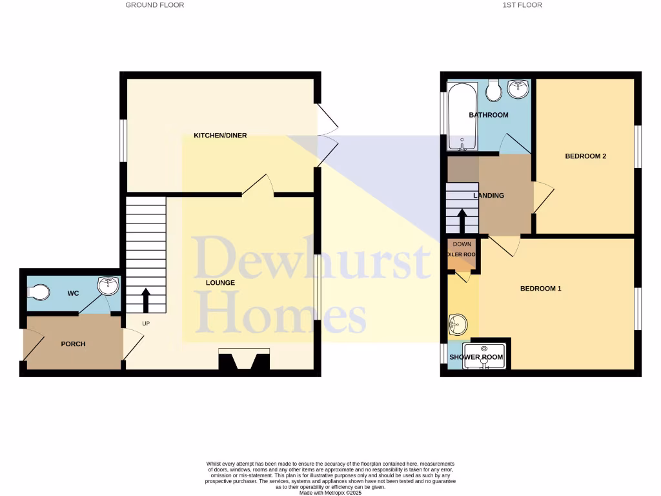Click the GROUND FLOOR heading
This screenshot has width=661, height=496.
tap(154, 5)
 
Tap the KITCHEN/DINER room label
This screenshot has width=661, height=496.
tap(220, 136)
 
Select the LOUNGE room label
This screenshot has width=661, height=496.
tap(220, 283)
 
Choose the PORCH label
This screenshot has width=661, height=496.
tap(73, 344)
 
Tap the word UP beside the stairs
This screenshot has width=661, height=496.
tap(146, 323)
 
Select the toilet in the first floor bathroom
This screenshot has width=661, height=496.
tap(494, 91)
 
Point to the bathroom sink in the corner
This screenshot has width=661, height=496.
tap(518, 89)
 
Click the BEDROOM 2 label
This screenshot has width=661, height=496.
tap(585, 156)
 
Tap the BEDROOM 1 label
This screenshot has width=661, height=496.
tap(540, 289)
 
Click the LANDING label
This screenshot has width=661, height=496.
tap(488, 196)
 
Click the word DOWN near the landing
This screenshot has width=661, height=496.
tap(462, 245)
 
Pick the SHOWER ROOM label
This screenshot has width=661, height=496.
tap(476, 357)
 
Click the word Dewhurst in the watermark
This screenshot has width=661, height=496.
tap(312, 258)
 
